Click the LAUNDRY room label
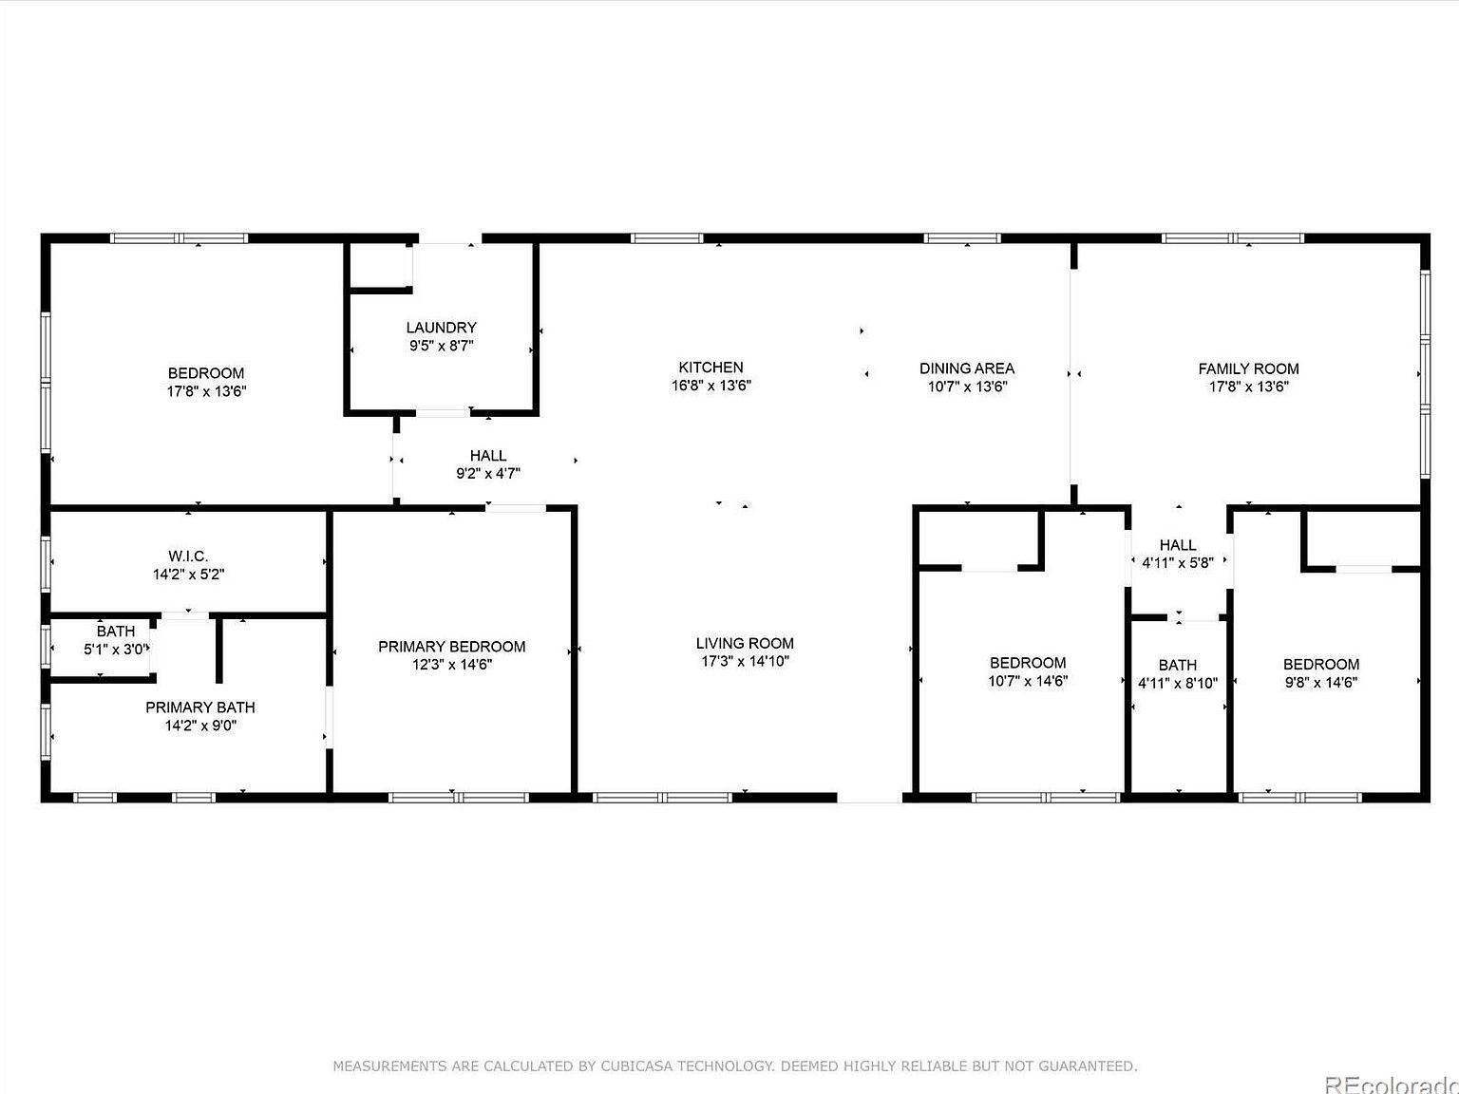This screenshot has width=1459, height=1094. click(441, 328)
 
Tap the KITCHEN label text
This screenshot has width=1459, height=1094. click(711, 368)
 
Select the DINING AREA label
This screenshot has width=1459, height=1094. click(966, 368)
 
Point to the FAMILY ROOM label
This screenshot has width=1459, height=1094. click(1248, 368)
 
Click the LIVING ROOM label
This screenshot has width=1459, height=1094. click(745, 643)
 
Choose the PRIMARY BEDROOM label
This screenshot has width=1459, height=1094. click(451, 647)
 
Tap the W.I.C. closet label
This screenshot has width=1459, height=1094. click(188, 556)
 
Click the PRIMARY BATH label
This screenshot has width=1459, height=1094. click(199, 707)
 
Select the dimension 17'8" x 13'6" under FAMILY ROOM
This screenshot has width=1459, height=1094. click(1248, 387)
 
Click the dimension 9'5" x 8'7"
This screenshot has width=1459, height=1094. click(441, 346)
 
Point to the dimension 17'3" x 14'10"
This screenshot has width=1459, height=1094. click(745, 661)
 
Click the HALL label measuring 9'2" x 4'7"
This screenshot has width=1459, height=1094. click(487, 456)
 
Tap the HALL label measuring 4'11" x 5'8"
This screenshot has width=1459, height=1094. click(1177, 545)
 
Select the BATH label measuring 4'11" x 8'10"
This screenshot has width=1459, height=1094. click(1177, 665)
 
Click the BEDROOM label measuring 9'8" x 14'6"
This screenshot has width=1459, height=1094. click(1320, 664)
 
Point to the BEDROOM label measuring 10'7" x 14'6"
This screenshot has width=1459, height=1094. click(1027, 663)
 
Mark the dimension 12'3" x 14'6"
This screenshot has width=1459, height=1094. click(451, 665)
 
